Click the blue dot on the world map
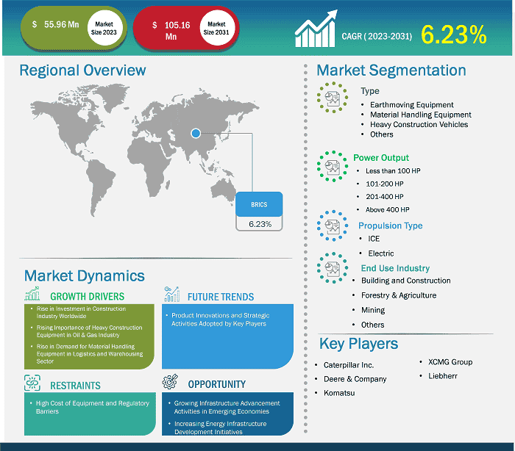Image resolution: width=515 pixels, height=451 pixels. click(196, 133)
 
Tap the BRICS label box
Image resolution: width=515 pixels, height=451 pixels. click(259, 204)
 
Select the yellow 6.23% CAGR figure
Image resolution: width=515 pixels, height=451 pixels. click(454, 35)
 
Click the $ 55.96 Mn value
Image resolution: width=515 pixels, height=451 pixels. click(55, 24)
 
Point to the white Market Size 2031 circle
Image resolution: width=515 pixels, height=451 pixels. click(216, 28)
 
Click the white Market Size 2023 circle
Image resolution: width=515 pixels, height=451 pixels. click(104, 28)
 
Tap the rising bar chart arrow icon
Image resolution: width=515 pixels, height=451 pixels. click(316, 29)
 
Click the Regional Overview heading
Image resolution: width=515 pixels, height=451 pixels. click(82, 71)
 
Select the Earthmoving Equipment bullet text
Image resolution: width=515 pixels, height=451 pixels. click(411, 104)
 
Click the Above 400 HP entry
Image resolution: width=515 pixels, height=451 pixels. click(388, 209)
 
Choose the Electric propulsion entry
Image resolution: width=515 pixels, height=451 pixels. click(380, 253)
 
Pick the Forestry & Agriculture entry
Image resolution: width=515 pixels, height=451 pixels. click(399, 295)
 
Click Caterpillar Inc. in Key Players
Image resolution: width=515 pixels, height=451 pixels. click(349, 365)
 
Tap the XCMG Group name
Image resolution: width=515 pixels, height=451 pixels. click(450, 362)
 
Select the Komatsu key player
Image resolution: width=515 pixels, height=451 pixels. click(339, 393)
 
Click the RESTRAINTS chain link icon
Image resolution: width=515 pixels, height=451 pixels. click(32, 383)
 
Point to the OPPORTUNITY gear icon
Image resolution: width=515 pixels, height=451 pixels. click(170, 381)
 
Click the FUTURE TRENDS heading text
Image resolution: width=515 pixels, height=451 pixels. click(221, 297)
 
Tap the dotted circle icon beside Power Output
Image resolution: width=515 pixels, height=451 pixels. click(333, 166)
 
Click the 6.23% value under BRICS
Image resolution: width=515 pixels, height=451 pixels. click(260, 224)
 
